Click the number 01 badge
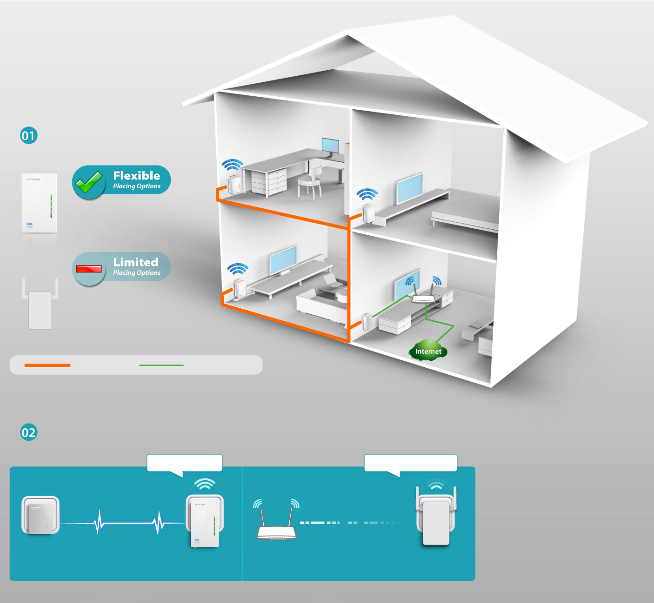coord(28,136)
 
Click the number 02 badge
coord(28,432)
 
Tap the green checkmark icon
coord(89,182)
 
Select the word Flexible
coord(137,176)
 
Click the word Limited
coord(136,262)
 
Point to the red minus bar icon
coord(89,269)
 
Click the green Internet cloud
coord(428,351)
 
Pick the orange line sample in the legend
coord(47,365)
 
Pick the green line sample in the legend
coord(161,365)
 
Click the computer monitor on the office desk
coord(331,146)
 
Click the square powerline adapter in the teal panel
coord(40,515)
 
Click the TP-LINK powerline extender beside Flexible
coord(40,203)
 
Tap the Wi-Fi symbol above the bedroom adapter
coord(367,194)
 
